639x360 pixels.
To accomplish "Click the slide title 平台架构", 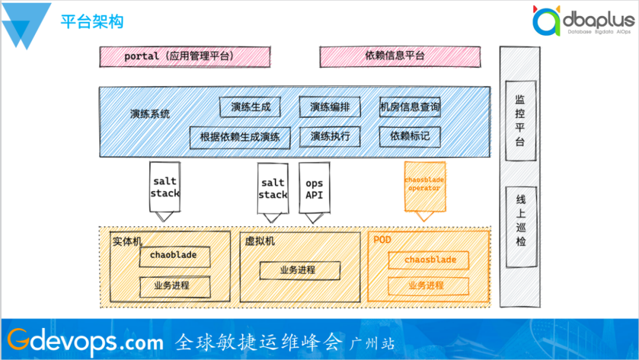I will click(92, 22).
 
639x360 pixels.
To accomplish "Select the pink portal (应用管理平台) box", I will click(185, 57).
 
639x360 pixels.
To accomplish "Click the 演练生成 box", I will click(250, 107).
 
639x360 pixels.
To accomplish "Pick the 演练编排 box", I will click(330, 107).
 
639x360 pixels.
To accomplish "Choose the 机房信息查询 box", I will click(409, 107).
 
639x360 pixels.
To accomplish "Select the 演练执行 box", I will click(330, 136).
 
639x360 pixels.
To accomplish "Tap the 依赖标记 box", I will click(409, 136).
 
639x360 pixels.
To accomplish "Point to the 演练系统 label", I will click(150, 114).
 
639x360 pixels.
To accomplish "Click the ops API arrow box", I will click(314, 189).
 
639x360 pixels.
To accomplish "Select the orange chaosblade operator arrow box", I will click(424, 186).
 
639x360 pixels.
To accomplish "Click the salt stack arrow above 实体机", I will click(164, 188).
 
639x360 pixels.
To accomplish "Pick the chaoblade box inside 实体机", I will click(173, 256).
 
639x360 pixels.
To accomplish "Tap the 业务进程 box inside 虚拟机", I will click(299, 271).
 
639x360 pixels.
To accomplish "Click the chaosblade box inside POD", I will click(430, 260).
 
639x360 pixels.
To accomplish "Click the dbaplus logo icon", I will click(545, 22).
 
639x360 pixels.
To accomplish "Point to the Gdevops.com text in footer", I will click(85, 341).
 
